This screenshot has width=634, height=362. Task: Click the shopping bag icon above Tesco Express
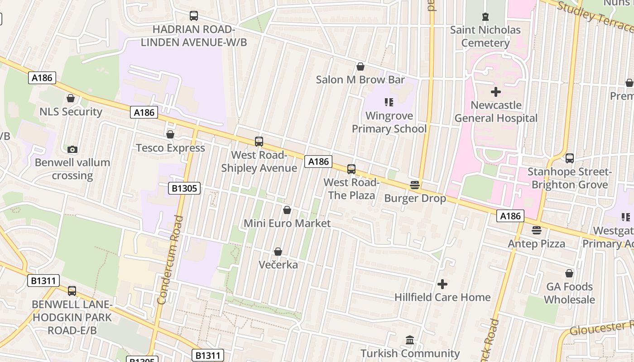tap(170, 134)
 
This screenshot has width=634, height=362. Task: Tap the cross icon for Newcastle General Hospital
tap(496, 92)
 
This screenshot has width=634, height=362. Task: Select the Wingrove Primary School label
tap(389, 122)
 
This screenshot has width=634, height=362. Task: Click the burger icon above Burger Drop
tap(415, 185)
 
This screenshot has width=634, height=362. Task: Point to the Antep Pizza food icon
tap(537, 230)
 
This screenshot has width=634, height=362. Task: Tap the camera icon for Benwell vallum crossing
tap(72, 149)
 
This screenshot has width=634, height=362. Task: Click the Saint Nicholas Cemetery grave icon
tap(485, 17)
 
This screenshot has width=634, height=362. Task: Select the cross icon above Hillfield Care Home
tap(442, 284)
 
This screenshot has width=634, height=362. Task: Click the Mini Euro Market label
tap(287, 223)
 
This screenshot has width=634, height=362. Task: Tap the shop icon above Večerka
tap(278, 252)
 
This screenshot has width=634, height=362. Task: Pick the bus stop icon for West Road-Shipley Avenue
tap(259, 142)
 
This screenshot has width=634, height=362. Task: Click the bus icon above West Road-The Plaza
tap(351, 169)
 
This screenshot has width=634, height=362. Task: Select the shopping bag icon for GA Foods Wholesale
tap(569, 273)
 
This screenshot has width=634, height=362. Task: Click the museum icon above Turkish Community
tap(410, 340)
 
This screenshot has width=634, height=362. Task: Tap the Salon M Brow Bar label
tap(360, 80)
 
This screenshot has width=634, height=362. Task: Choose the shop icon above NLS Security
tap(71, 98)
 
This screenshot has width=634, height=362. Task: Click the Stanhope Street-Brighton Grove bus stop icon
tap(569, 158)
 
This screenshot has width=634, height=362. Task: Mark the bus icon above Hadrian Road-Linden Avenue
tap(194, 16)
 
